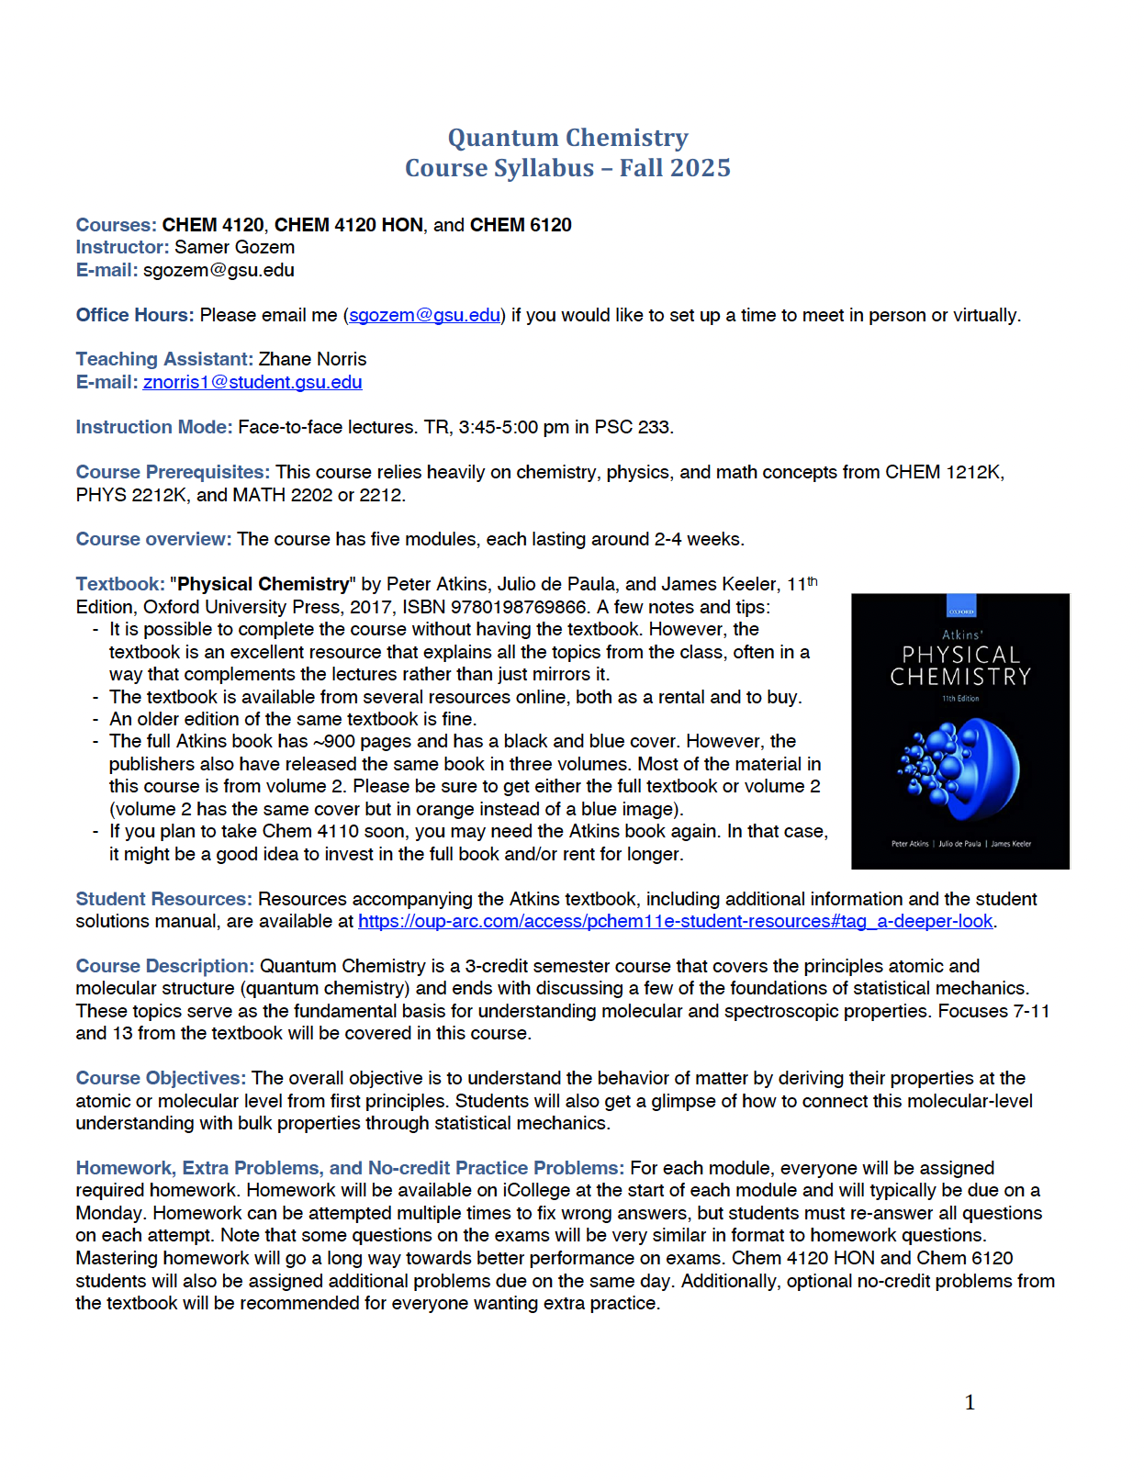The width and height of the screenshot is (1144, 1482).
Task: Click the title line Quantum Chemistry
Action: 567,138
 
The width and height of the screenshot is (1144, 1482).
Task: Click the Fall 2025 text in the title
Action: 675,168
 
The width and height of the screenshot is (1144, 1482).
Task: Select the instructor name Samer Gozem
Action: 234,247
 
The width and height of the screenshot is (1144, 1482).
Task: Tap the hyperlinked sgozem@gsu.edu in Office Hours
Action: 424,315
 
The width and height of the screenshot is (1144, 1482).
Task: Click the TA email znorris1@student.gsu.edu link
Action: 252,382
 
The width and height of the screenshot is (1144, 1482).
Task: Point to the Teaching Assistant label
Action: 164,359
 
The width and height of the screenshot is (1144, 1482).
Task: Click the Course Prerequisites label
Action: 173,472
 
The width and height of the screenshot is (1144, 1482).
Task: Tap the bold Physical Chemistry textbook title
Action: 264,584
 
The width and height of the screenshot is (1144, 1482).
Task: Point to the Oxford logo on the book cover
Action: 960,611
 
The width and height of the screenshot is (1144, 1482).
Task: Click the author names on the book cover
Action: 960,843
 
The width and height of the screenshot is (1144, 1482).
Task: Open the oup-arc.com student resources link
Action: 675,921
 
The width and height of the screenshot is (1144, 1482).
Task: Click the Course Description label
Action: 164,966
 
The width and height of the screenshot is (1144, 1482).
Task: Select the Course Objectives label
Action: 161,1078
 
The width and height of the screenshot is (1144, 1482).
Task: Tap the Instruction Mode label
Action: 153,427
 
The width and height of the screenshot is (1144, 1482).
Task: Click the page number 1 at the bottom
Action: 970,1402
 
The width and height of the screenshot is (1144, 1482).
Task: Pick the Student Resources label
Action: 163,899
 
